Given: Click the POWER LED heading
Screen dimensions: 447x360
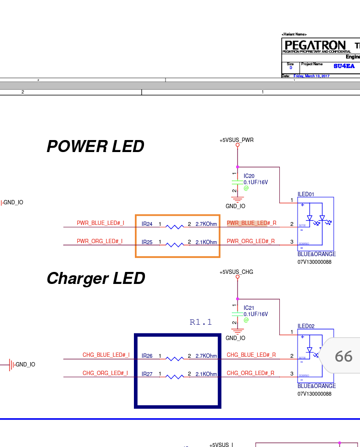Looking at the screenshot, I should pyautogui.click(x=95, y=146).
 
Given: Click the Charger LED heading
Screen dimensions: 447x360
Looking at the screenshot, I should pyautogui.click(x=96, y=278).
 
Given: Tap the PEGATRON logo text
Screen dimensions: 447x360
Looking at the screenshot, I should pyautogui.click(x=315, y=45).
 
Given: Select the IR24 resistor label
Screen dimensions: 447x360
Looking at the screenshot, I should pyautogui.click(x=147, y=224).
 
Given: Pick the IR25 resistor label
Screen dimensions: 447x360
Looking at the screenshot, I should pyautogui.click(x=147, y=242).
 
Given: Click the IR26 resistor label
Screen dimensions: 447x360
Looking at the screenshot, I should pyautogui.click(x=147, y=356).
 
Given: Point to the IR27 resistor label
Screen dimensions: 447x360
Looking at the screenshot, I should pyautogui.click(x=147, y=374).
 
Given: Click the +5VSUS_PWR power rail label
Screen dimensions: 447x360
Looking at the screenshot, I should pyautogui.click(x=237, y=140).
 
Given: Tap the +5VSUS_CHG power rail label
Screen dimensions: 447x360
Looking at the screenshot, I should pyautogui.click(x=236, y=272).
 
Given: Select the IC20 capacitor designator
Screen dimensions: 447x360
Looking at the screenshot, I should pyautogui.click(x=249, y=176).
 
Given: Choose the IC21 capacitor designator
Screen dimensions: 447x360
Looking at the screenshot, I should pyautogui.click(x=249, y=308).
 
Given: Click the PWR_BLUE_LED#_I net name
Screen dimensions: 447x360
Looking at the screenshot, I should pyautogui.click(x=100, y=223).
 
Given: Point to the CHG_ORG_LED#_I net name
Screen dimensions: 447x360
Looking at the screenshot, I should pyautogui.click(x=105, y=373).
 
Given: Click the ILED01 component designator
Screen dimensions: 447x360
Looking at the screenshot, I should pyautogui.click(x=306, y=194).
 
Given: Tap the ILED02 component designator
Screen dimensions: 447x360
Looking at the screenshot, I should pyautogui.click(x=306, y=326).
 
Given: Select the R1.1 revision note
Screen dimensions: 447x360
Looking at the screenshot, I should pyautogui.click(x=201, y=322).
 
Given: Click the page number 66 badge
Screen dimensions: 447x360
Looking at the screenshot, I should pyautogui.click(x=343, y=356).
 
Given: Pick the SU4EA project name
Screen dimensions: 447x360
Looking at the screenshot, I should pyautogui.click(x=344, y=66).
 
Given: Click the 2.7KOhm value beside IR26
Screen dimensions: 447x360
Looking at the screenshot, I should pyautogui.click(x=206, y=356).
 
